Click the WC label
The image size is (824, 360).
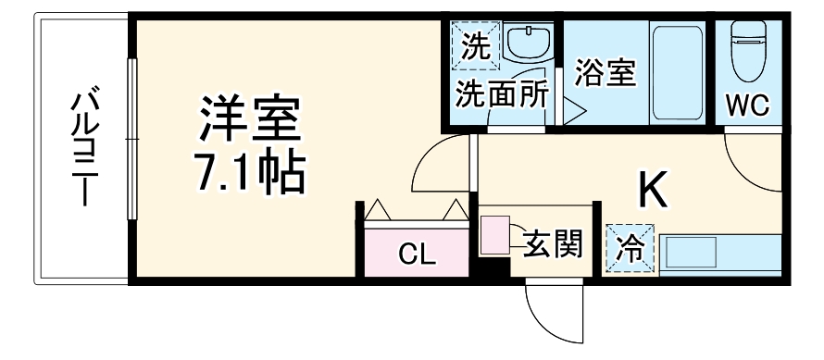click(747, 106)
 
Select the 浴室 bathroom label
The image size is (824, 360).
click(606, 73)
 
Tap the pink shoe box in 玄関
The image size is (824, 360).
click(494, 234)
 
